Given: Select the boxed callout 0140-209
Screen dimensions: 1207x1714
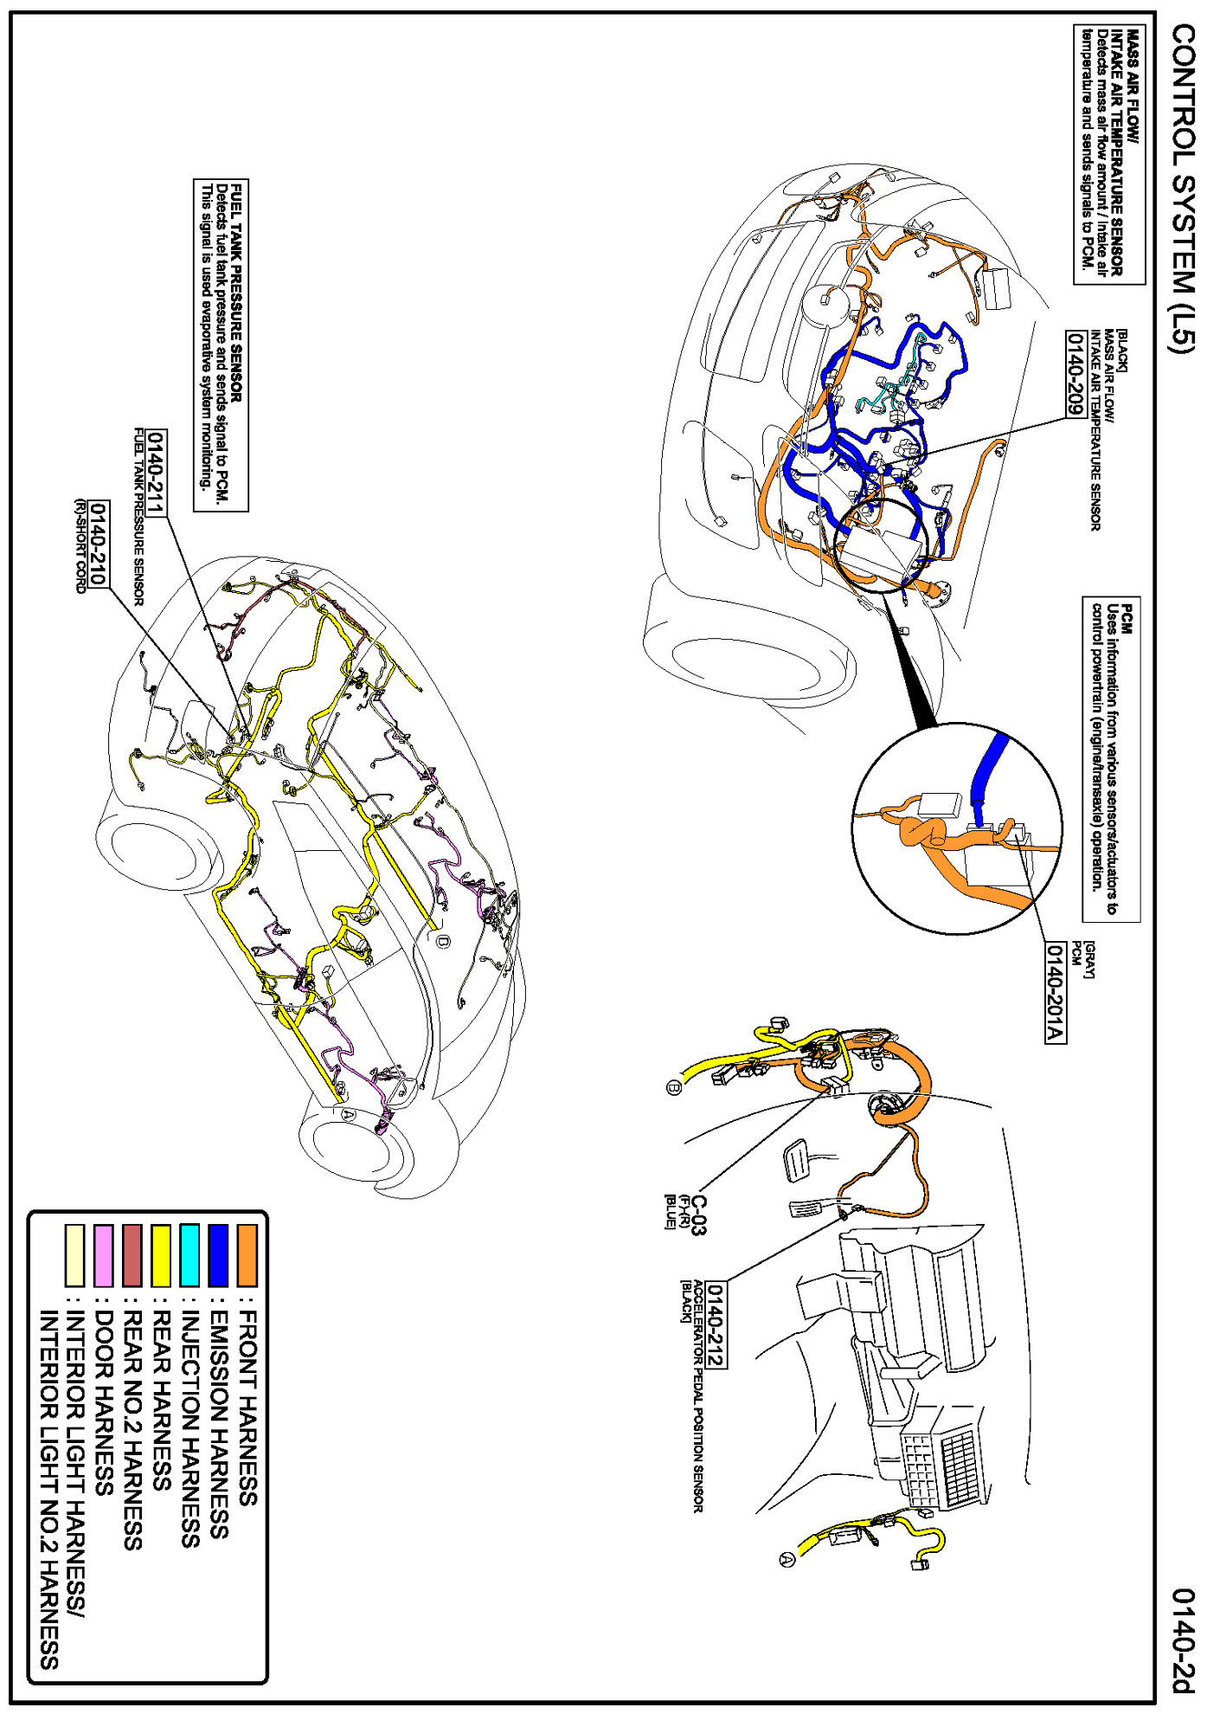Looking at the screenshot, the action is pyautogui.click(x=1075, y=374).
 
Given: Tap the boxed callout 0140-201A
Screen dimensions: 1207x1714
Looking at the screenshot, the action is pyautogui.click(x=1055, y=992).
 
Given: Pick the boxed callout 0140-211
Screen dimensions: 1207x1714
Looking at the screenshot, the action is pyautogui.click(x=157, y=473).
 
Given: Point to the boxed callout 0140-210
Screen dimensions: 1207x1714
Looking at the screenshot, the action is pyautogui.click(x=100, y=544).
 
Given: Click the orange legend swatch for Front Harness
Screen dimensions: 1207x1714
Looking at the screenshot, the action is pyautogui.click(x=247, y=1254).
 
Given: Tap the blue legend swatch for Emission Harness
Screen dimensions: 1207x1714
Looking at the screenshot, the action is pyautogui.click(x=219, y=1254).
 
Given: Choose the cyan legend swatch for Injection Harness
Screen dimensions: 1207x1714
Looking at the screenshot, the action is pyautogui.click(x=190, y=1254).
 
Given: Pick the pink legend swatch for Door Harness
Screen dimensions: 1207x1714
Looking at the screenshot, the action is pyautogui.click(x=104, y=1254).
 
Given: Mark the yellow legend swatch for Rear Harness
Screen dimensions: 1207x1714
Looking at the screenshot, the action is pyautogui.click(x=161, y=1254).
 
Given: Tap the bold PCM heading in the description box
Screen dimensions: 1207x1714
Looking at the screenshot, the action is pyautogui.click(x=1125, y=619).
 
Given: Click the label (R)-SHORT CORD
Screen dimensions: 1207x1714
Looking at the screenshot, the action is pyautogui.click(x=80, y=545).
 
